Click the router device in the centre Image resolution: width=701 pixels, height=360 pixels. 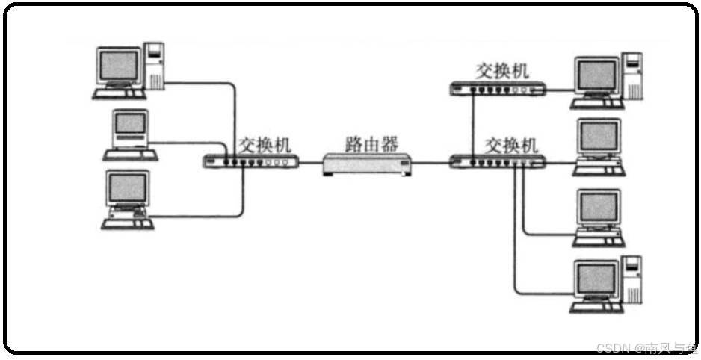[368, 163]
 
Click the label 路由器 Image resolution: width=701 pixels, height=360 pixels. [368, 143]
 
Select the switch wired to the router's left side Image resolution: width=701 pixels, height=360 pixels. [252, 161]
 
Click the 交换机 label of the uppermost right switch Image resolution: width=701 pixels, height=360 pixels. [502, 71]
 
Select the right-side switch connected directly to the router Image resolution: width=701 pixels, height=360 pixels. [498, 161]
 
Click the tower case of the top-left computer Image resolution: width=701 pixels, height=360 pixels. [155, 66]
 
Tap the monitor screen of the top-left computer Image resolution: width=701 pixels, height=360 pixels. [119, 66]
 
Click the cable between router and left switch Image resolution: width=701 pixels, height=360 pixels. [311, 162]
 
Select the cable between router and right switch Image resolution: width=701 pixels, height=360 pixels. [430, 162]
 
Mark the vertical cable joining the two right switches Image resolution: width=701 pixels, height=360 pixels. [474, 123]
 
